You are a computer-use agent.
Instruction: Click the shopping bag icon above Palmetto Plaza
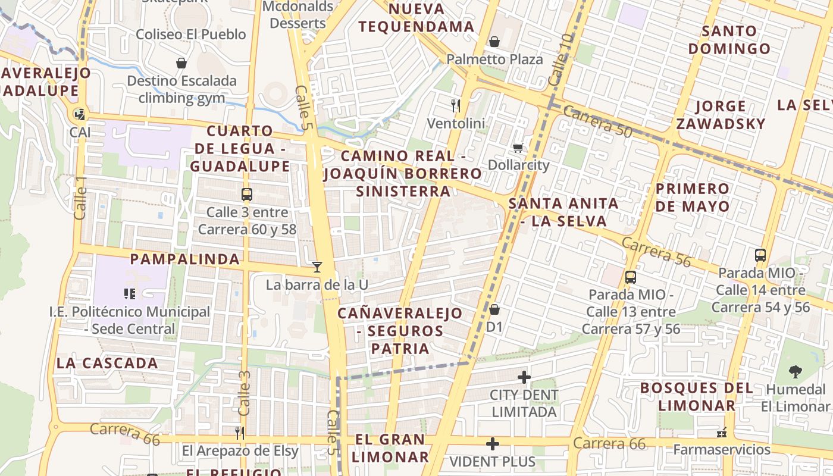494,42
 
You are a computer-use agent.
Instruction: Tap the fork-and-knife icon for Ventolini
456,106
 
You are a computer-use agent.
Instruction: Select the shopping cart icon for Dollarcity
518,147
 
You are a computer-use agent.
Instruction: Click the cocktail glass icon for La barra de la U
317,267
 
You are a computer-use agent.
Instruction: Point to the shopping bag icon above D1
494,309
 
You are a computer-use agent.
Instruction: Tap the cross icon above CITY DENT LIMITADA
524,377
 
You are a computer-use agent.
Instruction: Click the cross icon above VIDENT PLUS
492,444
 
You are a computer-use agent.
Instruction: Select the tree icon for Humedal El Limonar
795,372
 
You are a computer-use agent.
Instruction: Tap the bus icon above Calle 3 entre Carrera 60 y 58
247,195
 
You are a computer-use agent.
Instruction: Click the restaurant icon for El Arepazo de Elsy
240,433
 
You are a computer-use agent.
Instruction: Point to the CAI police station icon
79,114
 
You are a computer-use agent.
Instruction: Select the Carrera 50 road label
597,121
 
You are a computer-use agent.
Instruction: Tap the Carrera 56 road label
656,250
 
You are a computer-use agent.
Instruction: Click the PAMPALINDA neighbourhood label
185,259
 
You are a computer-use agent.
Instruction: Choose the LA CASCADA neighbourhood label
108,363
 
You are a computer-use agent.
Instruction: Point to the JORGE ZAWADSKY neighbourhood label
721,115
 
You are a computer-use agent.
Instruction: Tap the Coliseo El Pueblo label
191,34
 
